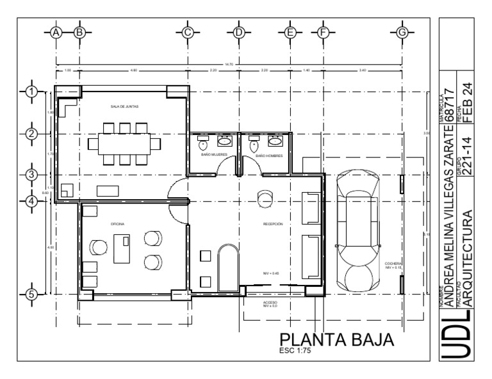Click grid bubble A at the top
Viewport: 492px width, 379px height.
click(x=56, y=32)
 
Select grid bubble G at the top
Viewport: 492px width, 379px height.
click(x=402, y=32)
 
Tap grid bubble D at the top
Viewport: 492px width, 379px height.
click(x=238, y=32)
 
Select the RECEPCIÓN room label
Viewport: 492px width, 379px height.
click(x=272, y=224)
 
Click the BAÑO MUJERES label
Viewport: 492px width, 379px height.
click(x=213, y=156)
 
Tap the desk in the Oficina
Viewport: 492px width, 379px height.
click(x=122, y=248)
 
